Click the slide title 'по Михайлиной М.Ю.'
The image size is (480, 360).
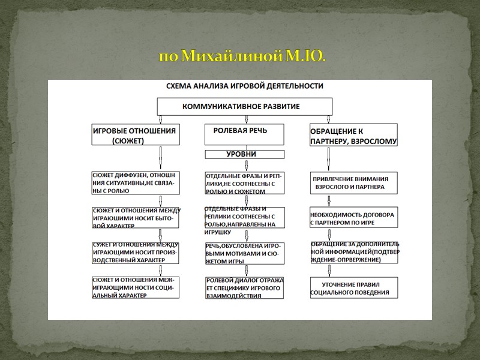[242, 57]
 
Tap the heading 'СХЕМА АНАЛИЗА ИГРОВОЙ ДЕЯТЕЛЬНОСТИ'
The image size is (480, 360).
[244, 86]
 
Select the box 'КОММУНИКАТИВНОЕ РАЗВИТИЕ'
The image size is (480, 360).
[241, 106]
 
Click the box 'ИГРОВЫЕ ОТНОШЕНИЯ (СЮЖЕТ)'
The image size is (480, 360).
[134, 134]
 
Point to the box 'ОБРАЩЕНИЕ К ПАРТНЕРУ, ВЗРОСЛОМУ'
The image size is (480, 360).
[353, 135]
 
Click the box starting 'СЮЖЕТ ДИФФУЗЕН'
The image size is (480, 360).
[135, 183]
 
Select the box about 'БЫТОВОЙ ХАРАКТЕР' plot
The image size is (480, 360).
[135, 217]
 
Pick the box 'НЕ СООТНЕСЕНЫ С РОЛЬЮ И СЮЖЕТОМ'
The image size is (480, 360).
[244, 183]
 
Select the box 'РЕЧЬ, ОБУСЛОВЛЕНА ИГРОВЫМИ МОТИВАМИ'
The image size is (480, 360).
[244, 253]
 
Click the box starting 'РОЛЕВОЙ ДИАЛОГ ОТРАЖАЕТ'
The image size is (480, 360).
[244, 287]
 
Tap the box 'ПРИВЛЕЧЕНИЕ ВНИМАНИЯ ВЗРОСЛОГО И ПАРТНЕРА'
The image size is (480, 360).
[353, 182]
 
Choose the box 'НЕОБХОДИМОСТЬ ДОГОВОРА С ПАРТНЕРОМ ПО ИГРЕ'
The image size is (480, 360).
[353, 217]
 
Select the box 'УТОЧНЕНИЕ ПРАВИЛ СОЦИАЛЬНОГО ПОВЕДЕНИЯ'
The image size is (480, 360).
[353, 287]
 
